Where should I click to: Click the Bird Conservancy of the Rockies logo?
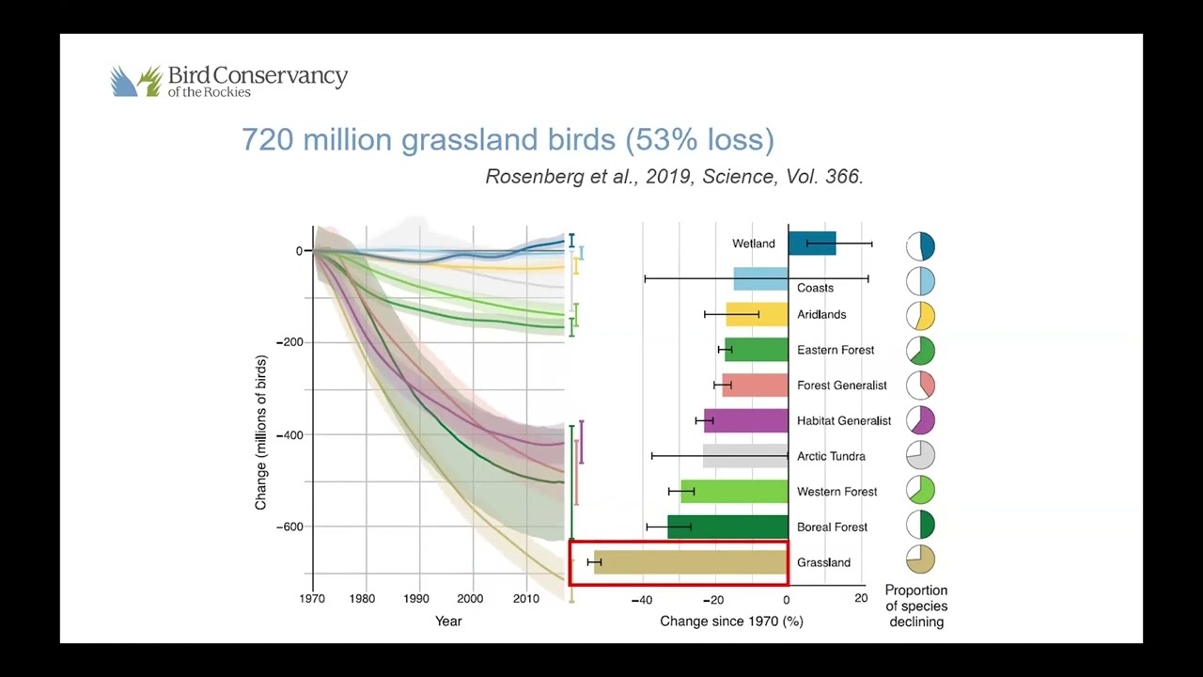(x=228, y=81)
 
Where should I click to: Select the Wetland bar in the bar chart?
(x=812, y=244)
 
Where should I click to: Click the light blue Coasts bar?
(x=760, y=279)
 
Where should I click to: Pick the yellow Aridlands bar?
(x=757, y=314)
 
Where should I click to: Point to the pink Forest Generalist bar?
(x=755, y=385)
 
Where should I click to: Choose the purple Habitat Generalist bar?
(x=746, y=420)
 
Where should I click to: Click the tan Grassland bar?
(x=691, y=562)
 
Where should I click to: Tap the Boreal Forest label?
(x=833, y=527)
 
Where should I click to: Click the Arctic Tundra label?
(x=831, y=457)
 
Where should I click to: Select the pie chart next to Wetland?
(x=921, y=246)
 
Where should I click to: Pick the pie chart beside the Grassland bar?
(x=921, y=560)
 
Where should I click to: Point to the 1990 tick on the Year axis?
(x=416, y=599)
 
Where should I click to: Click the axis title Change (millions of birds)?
(x=261, y=433)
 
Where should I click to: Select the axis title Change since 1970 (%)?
(x=731, y=622)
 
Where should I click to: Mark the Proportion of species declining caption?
(x=916, y=606)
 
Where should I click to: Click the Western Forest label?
(x=836, y=492)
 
